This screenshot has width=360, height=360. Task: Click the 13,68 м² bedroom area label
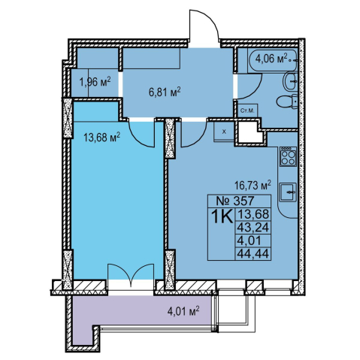pos(102,138)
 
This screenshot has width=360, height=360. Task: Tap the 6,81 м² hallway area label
pos(165,92)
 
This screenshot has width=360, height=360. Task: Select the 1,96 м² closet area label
pos(95,82)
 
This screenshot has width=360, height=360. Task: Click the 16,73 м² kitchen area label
pos(253,185)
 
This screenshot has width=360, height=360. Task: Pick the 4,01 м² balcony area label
pos(183,312)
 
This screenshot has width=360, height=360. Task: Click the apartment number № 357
pos(235,201)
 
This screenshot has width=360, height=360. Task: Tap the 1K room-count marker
pos(222,216)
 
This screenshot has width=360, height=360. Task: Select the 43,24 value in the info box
pos(253,228)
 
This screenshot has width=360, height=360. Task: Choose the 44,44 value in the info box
pos(253,254)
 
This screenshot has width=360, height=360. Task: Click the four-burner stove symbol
pos(288,156)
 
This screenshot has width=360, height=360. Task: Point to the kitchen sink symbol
pos(289,192)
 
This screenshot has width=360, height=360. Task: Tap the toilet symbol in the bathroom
pos(288,102)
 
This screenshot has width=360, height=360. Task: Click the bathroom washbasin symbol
pos(291,81)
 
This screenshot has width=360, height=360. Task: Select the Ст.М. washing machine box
pos(247,110)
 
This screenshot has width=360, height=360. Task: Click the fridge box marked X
pos(224,132)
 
